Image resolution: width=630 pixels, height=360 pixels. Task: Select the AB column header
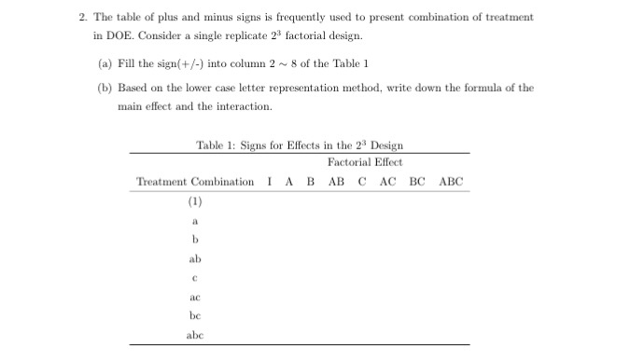click(338, 181)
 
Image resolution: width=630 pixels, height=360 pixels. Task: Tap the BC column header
click(417, 181)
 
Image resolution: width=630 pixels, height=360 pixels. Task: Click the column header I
click(269, 181)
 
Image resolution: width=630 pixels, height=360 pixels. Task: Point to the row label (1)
click(195, 201)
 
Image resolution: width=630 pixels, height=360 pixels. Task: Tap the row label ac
click(195, 298)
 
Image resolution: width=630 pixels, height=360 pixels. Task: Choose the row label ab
click(195, 259)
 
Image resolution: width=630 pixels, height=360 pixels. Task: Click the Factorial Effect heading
click(365, 162)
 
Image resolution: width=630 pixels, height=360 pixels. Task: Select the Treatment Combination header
click(195, 181)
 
